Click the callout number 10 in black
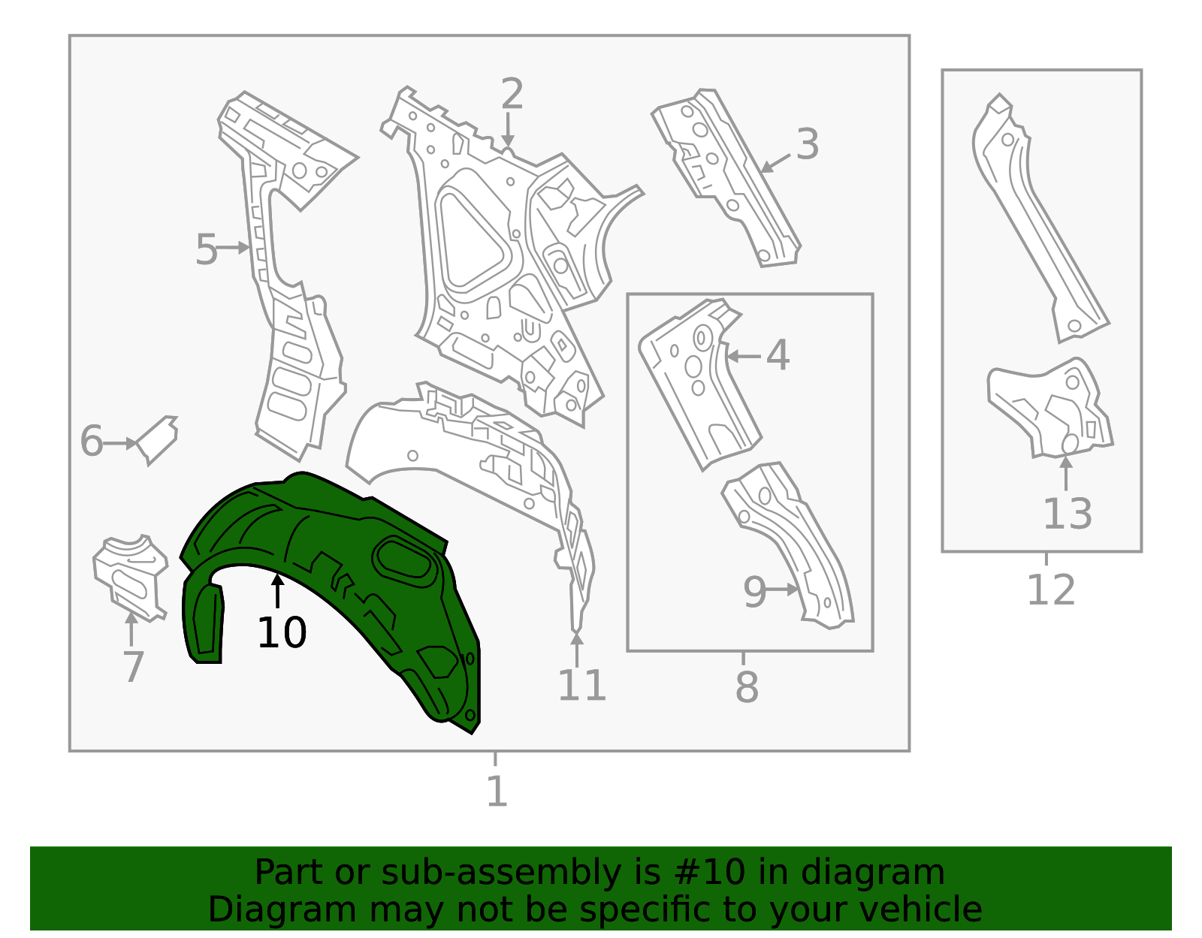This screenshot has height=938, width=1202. (x=282, y=632)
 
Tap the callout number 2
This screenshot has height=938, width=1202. (x=512, y=95)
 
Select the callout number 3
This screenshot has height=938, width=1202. (x=807, y=144)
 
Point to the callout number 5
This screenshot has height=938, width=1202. (x=206, y=249)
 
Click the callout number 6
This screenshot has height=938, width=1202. (x=91, y=441)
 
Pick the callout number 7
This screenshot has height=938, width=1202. (x=133, y=666)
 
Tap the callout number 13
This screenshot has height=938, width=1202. (x=1067, y=514)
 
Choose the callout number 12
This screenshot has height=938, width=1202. (x=1050, y=590)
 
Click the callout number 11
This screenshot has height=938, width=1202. (x=581, y=685)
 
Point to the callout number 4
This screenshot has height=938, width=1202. (x=778, y=355)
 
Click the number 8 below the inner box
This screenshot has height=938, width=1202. (x=747, y=687)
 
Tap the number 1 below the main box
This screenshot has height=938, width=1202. (x=497, y=791)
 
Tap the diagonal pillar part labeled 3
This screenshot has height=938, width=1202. (x=729, y=180)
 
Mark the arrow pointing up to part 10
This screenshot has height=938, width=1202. (x=278, y=590)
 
